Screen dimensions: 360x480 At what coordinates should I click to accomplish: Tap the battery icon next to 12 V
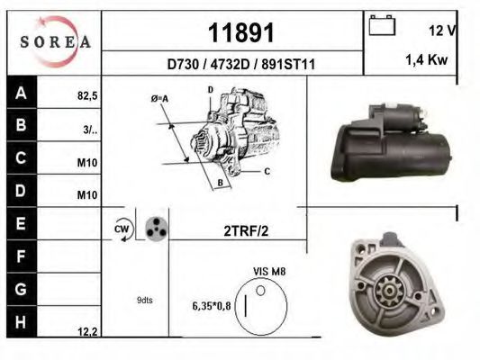(x=382, y=27)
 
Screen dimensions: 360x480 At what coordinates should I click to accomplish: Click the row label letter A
(x=20, y=92)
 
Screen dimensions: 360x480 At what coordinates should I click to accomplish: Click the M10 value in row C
(x=87, y=163)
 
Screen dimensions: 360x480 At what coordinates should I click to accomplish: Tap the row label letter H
(x=20, y=321)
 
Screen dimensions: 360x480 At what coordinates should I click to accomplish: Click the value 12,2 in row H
(x=87, y=331)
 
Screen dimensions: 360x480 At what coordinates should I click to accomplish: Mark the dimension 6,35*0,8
(x=211, y=306)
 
